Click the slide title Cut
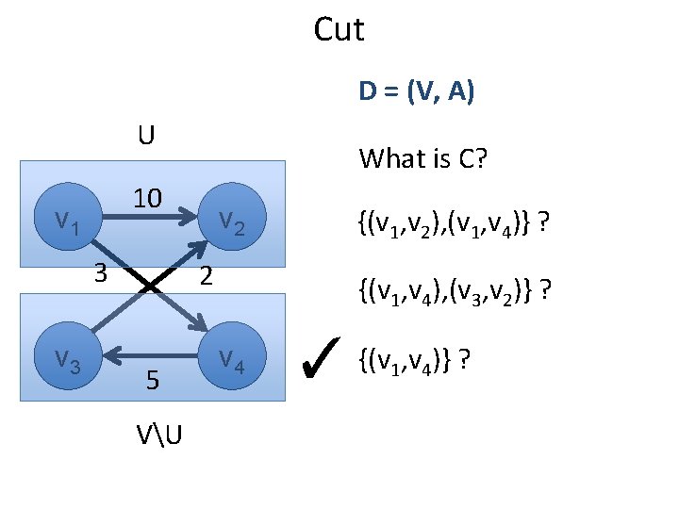click(x=339, y=30)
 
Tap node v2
click(x=231, y=222)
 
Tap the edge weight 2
click(x=207, y=275)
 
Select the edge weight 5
click(x=151, y=380)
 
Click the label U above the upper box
click(x=146, y=137)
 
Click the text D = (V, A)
click(x=416, y=91)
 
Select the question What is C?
click(x=422, y=158)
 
